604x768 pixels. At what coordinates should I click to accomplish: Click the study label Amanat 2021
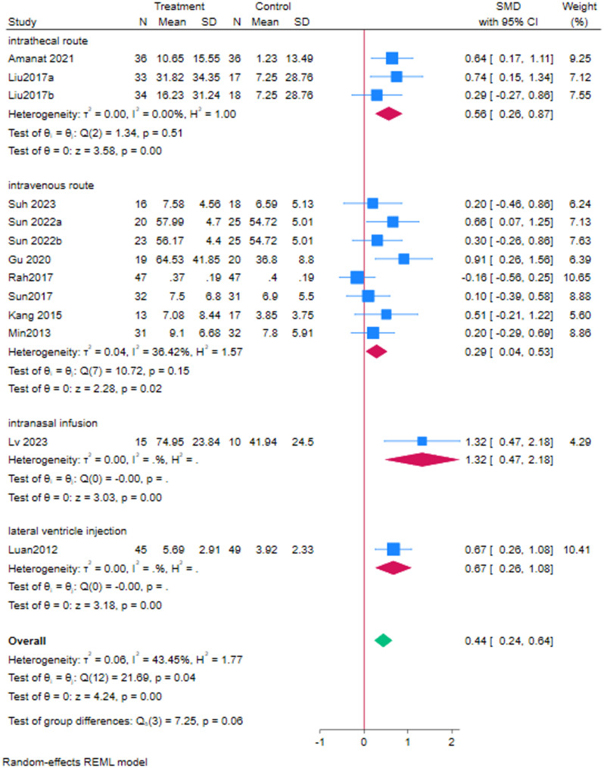point(32,58)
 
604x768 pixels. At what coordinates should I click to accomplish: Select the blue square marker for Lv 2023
point(422,440)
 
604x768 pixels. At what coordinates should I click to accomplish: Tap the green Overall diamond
point(384,640)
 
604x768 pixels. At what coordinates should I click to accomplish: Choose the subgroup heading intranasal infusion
point(45,421)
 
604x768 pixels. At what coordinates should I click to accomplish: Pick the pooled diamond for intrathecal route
point(387,114)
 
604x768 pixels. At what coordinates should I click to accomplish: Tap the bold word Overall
point(26,640)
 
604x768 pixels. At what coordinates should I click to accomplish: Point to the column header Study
point(20,22)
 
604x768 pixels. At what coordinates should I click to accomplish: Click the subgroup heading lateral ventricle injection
point(58,507)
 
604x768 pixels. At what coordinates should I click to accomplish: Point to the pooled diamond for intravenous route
point(376,353)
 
